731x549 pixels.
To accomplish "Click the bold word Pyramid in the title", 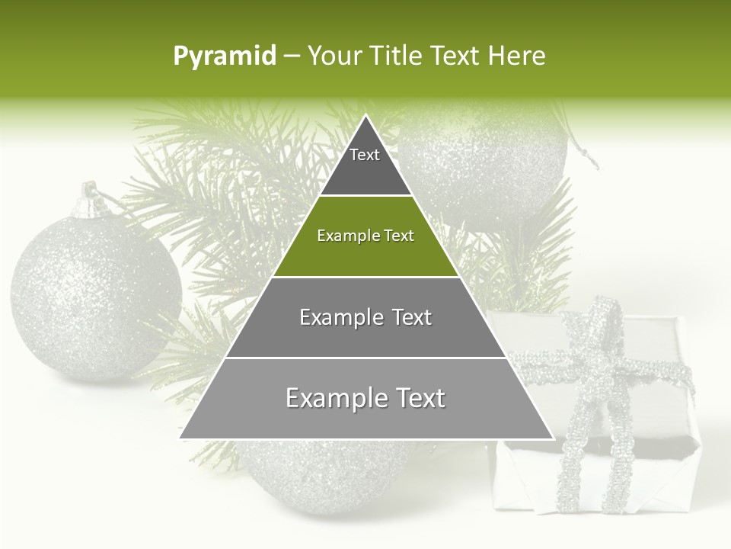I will click(225, 56).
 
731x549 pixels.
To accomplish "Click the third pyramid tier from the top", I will click(365, 317).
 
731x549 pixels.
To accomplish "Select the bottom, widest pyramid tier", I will click(365, 399).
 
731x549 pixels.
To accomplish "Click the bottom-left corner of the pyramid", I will click(180, 438).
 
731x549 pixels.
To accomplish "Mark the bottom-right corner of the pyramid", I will click(553, 438).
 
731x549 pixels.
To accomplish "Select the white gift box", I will click(590, 412).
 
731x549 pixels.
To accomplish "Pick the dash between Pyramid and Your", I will click(292, 56).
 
